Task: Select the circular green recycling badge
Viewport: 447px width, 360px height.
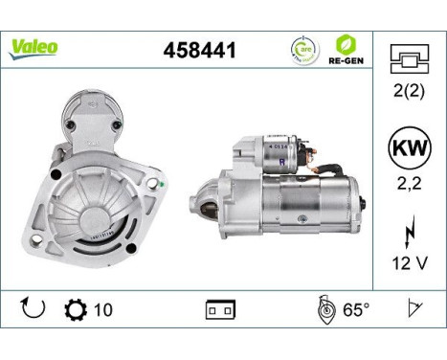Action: pyautogui.click(x=302, y=50)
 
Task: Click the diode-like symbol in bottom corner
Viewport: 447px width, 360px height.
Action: pyautogui.click(x=414, y=308)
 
